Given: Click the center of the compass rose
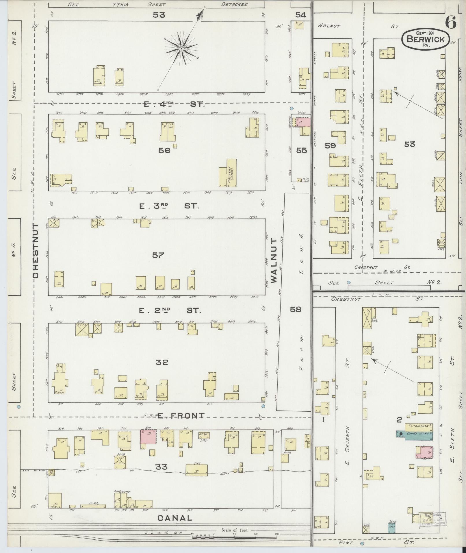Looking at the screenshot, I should (x=181, y=49).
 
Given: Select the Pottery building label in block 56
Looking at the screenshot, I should (x=231, y=174).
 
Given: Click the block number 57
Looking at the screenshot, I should (x=158, y=255).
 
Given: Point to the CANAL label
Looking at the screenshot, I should (x=175, y=518).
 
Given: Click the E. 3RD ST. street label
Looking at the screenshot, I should (x=169, y=206).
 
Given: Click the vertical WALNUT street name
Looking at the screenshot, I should (x=274, y=260).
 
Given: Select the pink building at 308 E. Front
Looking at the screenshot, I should (x=148, y=436).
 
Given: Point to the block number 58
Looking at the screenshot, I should (x=296, y=309).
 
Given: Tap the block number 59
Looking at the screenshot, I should (x=330, y=146).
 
